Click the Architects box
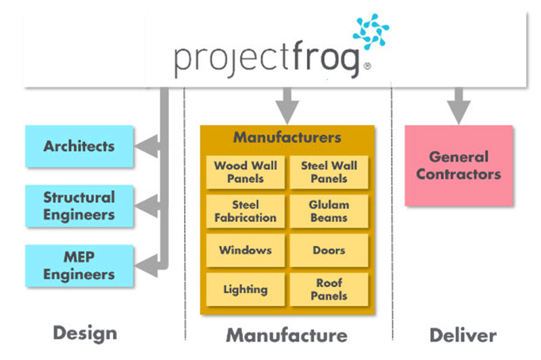[x=79, y=146]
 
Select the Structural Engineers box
[x=79, y=206]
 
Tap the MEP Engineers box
[x=79, y=267]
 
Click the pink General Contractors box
[x=458, y=166]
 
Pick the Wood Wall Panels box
[x=245, y=172]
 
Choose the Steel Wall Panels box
[x=329, y=172]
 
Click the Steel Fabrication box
[x=245, y=211]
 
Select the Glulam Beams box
[x=329, y=211]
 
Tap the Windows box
[x=245, y=250]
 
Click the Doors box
[x=329, y=250]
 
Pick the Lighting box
[x=245, y=290]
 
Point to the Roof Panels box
[x=329, y=290]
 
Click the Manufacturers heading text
[x=287, y=137]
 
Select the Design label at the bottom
[x=85, y=333]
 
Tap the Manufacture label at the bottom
[x=287, y=334]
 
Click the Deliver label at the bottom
[x=463, y=334]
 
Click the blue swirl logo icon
[x=371, y=32]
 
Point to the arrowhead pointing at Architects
[x=144, y=145]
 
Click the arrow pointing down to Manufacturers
[x=287, y=108]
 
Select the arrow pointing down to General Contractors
[x=458, y=108]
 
